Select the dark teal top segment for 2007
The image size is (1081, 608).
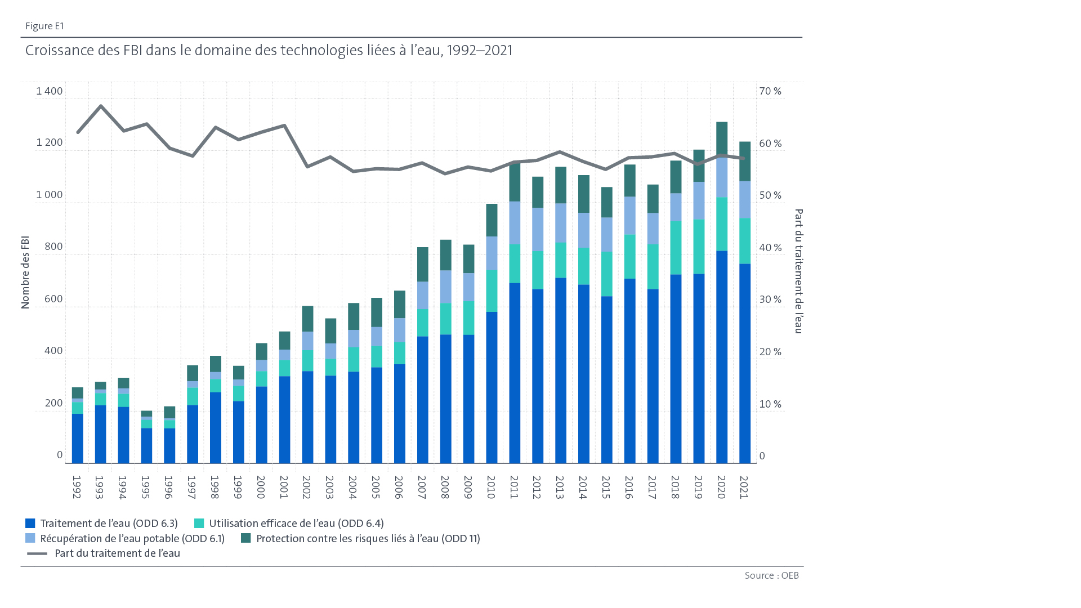point(422,264)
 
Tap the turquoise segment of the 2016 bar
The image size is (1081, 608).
point(629,257)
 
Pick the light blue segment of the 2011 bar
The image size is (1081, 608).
point(515,223)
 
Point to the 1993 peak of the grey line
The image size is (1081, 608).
point(101,106)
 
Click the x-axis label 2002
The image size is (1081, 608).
point(306,488)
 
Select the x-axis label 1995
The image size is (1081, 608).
point(145,488)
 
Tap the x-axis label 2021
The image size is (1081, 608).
point(744,488)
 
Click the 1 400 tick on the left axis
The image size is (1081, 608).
point(50,91)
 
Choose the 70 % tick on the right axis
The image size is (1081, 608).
point(770,91)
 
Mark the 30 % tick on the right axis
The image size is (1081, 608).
point(770,299)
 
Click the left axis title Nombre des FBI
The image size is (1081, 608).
point(25,272)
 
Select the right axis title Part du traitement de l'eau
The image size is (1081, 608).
point(798,271)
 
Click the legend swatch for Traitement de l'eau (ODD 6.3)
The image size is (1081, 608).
point(30,524)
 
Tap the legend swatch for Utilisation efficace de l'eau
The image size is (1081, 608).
point(199,524)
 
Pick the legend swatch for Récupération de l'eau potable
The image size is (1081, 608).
point(30,539)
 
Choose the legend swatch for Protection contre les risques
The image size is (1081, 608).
point(245,539)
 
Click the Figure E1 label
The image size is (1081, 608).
point(44,26)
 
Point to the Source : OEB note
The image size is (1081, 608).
point(771,575)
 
